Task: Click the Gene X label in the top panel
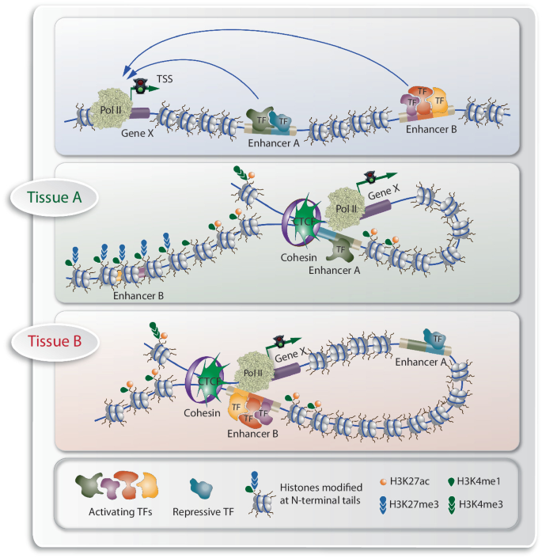(x=138, y=133)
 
